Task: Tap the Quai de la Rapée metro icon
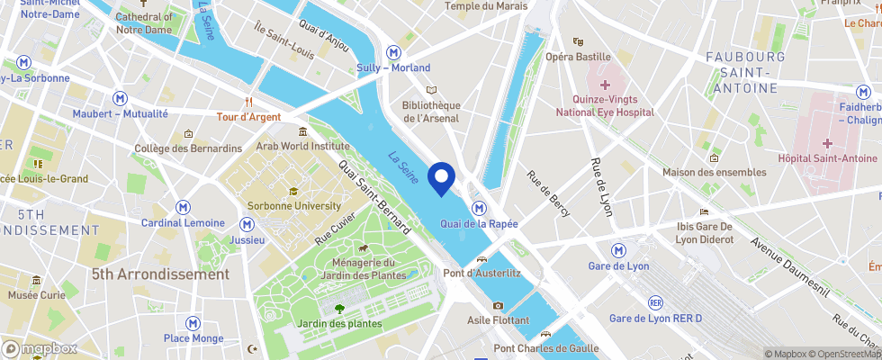click(x=480, y=208)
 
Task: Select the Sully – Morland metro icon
click(x=392, y=52)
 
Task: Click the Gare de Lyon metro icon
click(x=618, y=249)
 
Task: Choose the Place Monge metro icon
click(x=193, y=322)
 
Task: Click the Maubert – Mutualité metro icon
click(x=120, y=98)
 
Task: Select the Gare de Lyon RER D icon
click(x=655, y=302)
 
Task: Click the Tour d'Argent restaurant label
click(x=248, y=117)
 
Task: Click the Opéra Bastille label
click(x=578, y=56)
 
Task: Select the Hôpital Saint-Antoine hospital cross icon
click(x=826, y=143)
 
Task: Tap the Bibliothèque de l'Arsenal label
click(x=431, y=112)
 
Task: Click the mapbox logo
click(x=40, y=348)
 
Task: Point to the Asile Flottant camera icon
click(x=498, y=305)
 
